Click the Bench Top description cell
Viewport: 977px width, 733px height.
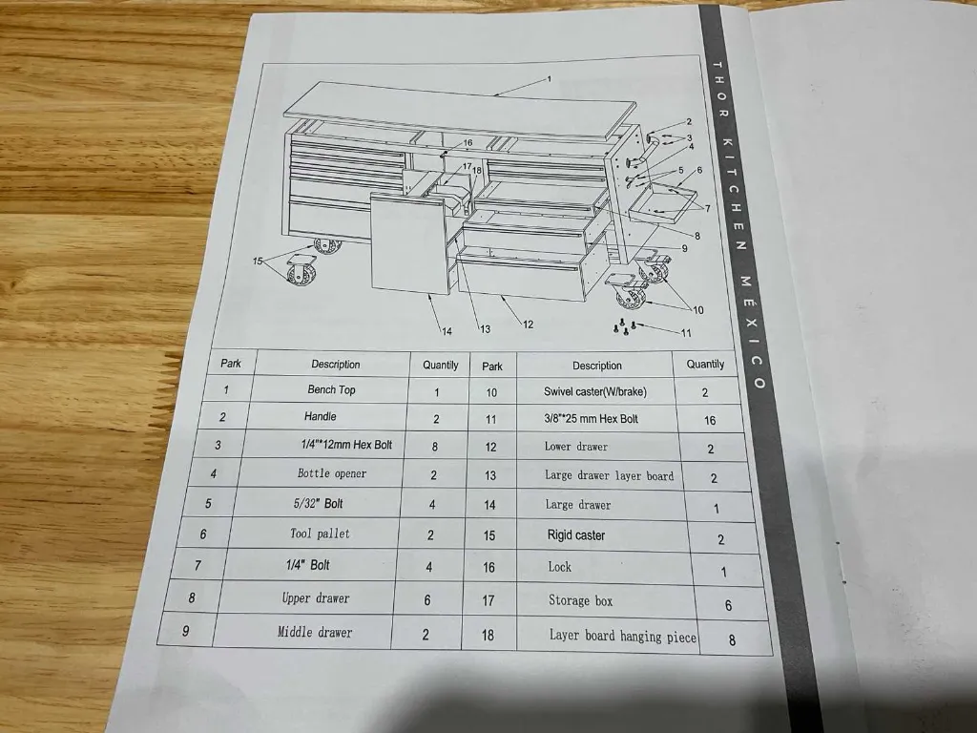pos(331,389)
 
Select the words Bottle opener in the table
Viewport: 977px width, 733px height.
pos(331,473)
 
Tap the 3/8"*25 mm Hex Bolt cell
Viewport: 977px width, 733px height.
pos(591,418)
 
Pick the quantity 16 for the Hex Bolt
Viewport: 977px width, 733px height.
pos(709,420)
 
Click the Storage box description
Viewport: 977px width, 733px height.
pos(580,600)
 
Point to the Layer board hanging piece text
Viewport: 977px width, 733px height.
pos(623,636)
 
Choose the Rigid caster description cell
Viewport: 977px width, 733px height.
pos(576,535)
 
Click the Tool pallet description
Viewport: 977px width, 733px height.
pos(320,534)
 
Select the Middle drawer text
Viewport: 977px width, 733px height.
pos(315,632)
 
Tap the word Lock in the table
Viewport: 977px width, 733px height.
pos(560,567)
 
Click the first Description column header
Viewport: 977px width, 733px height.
pos(335,365)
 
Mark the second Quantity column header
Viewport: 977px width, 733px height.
pos(705,365)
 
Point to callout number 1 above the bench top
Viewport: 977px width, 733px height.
pos(550,79)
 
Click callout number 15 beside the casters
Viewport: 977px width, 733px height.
pos(258,261)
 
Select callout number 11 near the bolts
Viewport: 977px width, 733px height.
pos(686,333)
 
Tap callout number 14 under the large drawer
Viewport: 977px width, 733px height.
pos(446,331)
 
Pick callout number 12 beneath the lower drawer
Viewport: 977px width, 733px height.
pos(528,325)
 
